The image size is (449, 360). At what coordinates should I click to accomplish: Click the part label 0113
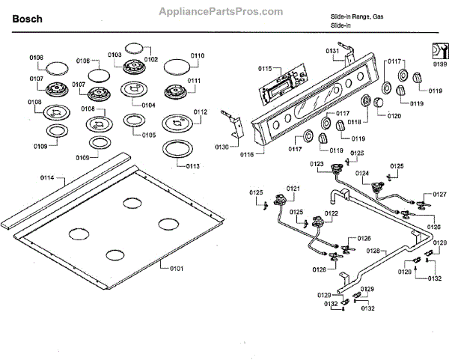pos(193,165)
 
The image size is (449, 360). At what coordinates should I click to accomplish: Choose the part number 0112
pos(200,112)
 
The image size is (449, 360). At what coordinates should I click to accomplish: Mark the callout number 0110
pos(197,55)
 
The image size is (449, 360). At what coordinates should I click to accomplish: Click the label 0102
pos(151,58)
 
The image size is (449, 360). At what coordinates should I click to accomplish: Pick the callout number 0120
pos(394,116)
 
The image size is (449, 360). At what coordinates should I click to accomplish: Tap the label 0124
pos(362,173)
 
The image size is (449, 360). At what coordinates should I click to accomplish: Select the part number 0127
pos(439,194)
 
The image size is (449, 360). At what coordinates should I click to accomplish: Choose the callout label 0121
pos(293,187)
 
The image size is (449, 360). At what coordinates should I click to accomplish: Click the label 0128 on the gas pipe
pos(374,251)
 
